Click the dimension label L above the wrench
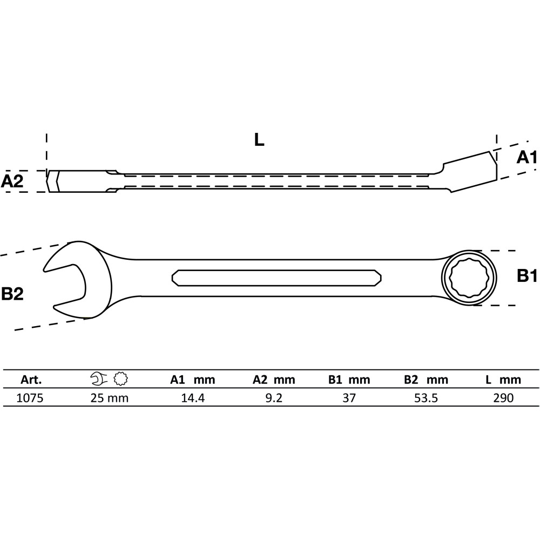pyautogui.click(x=259, y=139)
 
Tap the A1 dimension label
pyautogui.click(x=526, y=157)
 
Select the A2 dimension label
pyautogui.click(x=12, y=181)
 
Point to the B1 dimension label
pyautogui.click(x=527, y=276)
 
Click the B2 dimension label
pyautogui.click(x=12, y=294)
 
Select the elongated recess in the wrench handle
pyautogui.click(x=276, y=278)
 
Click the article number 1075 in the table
pyautogui.click(x=30, y=398)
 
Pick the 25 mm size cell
pyautogui.click(x=110, y=398)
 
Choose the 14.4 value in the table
pyautogui.click(x=193, y=398)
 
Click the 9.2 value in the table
pyautogui.click(x=274, y=398)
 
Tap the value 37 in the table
pyautogui.click(x=349, y=398)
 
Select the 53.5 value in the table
pyautogui.click(x=426, y=398)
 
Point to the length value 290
pyautogui.click(x=503, y=398)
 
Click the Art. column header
pyautogui.click(x=31, y=380)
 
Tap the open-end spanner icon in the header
pyautogui.click(x=99, y=379)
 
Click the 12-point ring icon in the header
pyautogui.click(x=121, y=379)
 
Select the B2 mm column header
pyautogui.click(x=426, y=380)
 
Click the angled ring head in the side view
pyautogui.click(x=470, y=172)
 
